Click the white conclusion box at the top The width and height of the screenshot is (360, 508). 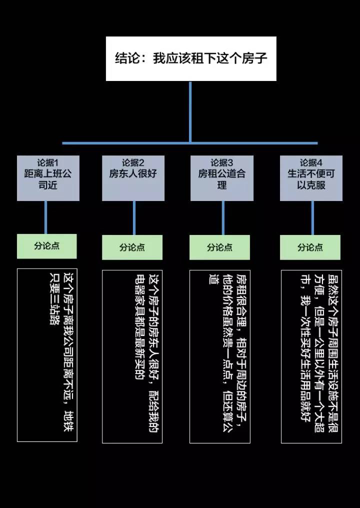[191, 58]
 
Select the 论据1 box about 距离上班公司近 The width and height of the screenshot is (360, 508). [48, 178]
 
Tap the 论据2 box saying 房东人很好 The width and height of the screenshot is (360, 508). [133, 178]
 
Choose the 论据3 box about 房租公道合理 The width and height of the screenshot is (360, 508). [221, 178]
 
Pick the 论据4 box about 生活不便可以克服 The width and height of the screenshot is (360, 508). [311, 178]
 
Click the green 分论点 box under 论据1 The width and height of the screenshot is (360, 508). [47, 246]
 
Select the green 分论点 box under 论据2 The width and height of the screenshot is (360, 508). [132, 247]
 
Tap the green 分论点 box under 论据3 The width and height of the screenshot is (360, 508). [219, 247]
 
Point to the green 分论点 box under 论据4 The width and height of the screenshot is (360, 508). [310, 247]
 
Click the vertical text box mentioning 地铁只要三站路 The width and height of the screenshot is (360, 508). [47, 355]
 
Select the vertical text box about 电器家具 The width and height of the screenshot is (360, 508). [132, 356]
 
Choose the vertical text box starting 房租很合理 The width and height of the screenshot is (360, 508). [219, 356]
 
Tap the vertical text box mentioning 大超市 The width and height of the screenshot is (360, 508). [311, 356]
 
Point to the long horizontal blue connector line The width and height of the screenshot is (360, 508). [125, 143]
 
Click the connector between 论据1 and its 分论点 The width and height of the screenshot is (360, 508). [46, 217]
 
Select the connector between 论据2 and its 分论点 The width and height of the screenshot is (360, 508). [134, 218]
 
